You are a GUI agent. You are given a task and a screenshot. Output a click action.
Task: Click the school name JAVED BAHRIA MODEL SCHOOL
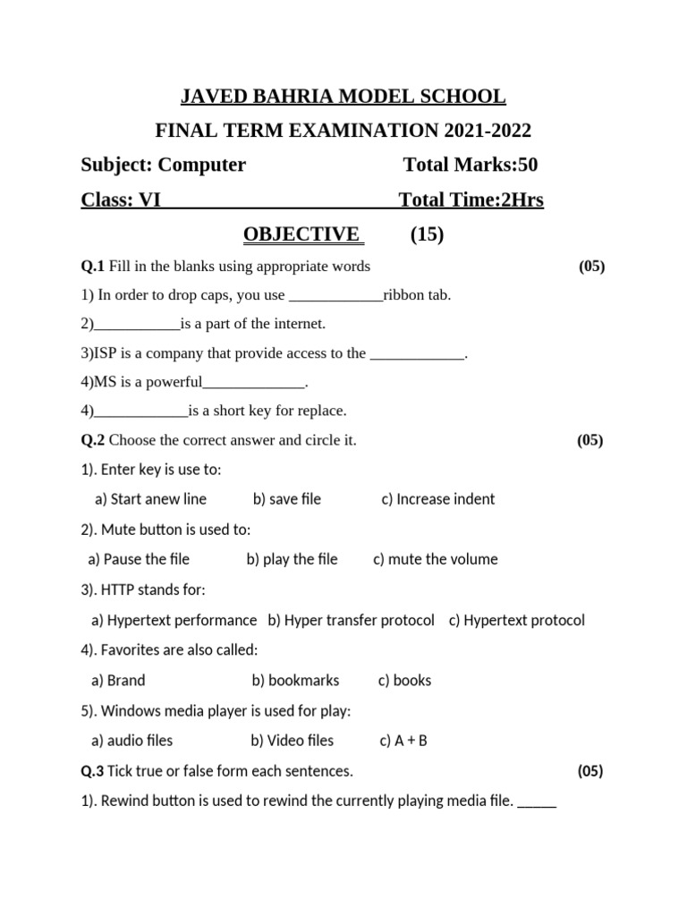[x=343, y=96]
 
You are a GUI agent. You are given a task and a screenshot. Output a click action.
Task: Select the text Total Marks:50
[x=471, y=165]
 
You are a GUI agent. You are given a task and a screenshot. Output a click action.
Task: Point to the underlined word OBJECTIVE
[x=302, y=234]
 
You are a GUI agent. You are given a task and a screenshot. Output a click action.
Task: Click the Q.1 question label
[x=93, y=266]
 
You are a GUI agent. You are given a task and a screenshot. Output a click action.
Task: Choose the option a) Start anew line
[x=150, y=499]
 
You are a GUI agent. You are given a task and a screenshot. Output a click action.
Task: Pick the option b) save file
[x=286, y=499]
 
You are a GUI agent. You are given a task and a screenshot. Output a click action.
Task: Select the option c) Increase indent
[x=437, y=499]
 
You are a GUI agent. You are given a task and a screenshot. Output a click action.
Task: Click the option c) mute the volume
[x=435, y=559]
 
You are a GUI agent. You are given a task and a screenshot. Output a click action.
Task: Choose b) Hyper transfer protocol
[x=351, y=620]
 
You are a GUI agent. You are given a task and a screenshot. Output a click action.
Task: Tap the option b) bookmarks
[x=295, y=680]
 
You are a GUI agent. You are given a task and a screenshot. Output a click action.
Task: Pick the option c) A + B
[x=403, y=741]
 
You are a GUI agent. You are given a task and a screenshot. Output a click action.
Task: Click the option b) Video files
[x=292, y=741]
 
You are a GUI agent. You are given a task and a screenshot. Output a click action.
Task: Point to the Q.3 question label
[x=93, y=770]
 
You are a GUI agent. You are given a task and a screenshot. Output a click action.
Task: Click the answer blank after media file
[x=537, y=802]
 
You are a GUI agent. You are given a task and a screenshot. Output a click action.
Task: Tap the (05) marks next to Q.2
[x=589, y=440]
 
